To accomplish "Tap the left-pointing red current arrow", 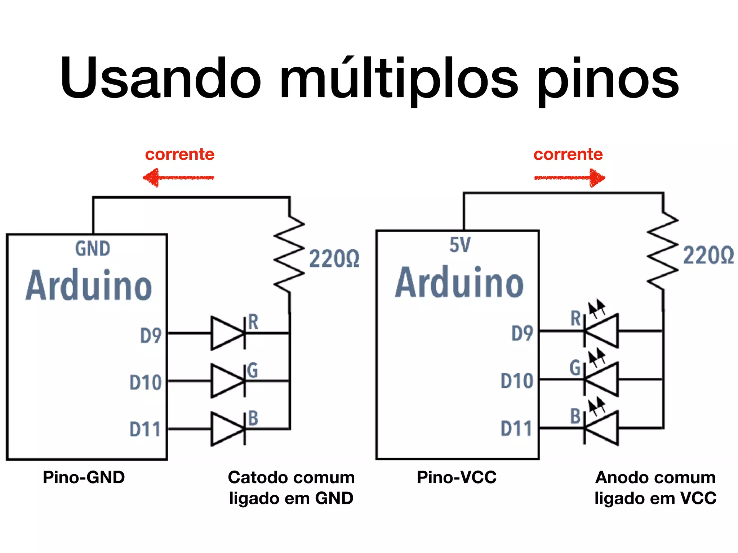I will coord(178,177).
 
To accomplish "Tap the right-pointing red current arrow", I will coord(570,177).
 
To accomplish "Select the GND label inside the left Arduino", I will coord(93,249).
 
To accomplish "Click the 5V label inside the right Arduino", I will coord(460,245).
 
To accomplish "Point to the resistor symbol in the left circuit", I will coord(289,254).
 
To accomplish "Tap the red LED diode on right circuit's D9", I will coord(601,331).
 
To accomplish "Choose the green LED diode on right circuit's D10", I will coord(601,379).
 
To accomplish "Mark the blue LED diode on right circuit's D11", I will coord(601,428).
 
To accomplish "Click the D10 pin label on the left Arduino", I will coord(146,382).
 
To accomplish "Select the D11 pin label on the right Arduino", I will coord(516,428).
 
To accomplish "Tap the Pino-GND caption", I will coord(84,477).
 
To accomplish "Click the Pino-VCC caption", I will coord(457,477).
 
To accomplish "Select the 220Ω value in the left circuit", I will coord(334,258).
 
